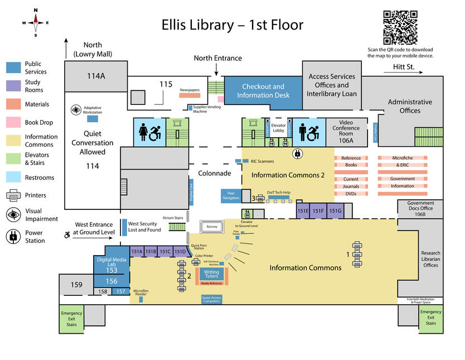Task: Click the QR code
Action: click(x=400, y=27)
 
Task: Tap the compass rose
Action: click(x=36, y=22)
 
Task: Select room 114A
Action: click(x=95, y=75)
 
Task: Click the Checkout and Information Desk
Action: click(x=263, y=90)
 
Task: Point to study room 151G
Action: click(x=335, y=211)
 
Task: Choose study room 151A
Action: click(x=137, y=252)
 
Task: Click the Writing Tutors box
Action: click(x=211, y=274)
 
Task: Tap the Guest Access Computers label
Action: click(x=211, y=300)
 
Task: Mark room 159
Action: click(x=76, y=285)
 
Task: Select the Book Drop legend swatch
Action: click(x=14, y=123)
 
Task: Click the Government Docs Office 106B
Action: click(x=420, y=209)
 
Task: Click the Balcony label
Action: click(x=212, y=227)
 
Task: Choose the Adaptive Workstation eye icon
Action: click(x=76, y=110)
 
